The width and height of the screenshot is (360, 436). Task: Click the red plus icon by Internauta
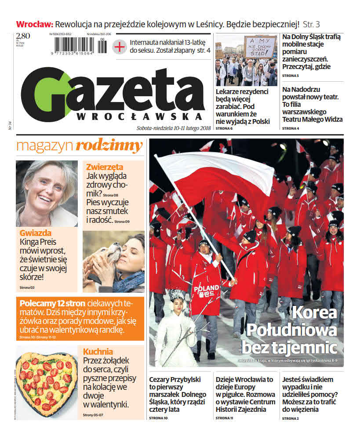point(119,47)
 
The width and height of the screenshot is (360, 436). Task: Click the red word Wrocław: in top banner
point(35,24)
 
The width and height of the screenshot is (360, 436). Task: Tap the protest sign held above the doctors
point(260,47)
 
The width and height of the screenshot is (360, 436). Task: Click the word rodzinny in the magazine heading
point(109,146)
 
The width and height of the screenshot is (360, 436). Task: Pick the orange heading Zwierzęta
point(105,167)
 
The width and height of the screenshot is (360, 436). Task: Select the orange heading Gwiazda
point(36,233)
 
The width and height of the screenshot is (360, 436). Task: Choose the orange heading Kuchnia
point(98,352)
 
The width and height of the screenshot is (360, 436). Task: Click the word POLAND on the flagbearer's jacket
point(204,288)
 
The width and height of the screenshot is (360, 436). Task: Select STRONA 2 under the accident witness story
point(291,418)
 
